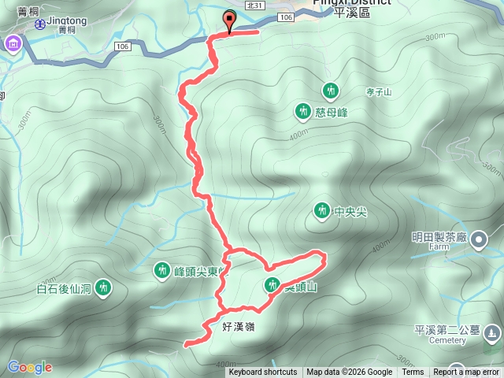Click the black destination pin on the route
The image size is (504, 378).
(230, 21)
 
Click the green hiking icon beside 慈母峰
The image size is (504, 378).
(302, 112)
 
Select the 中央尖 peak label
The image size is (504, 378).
(350, 211)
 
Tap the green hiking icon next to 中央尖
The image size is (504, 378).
(321, 210)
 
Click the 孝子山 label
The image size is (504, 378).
(379, 92)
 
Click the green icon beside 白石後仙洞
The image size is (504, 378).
(102, 288)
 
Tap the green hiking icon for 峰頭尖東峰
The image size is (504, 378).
(161, 271)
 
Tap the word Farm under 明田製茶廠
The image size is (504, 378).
(439, 246)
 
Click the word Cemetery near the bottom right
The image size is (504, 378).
(447, 341)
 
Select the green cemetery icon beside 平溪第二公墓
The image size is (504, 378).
(493, 333)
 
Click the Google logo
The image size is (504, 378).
(29, 367)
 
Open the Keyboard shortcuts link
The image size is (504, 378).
(263, 372)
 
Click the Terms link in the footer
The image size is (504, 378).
(413, 372)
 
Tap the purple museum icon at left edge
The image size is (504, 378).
(13, 45)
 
